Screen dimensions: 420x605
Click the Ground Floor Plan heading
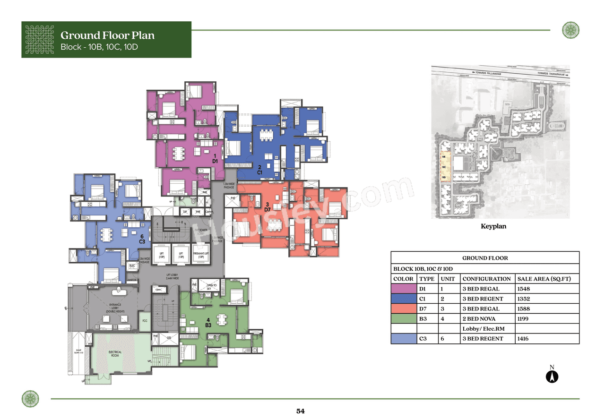point(107,35)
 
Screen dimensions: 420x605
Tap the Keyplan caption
point(493,226)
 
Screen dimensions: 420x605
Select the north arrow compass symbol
point(552,376)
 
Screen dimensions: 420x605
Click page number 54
point(301,411)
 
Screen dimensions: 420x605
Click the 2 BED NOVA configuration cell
point(481,319)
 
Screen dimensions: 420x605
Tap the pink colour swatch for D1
point(403,289)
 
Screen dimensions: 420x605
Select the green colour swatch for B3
point(403,319)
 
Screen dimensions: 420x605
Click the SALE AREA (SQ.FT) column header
point(544,279)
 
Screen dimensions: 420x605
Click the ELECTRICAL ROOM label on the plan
point(115,354)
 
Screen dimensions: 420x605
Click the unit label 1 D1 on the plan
point(215,158)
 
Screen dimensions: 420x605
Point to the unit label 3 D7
point(267,206)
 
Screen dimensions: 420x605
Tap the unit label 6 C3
point(141,239)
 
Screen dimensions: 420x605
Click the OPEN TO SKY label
point(211,287)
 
